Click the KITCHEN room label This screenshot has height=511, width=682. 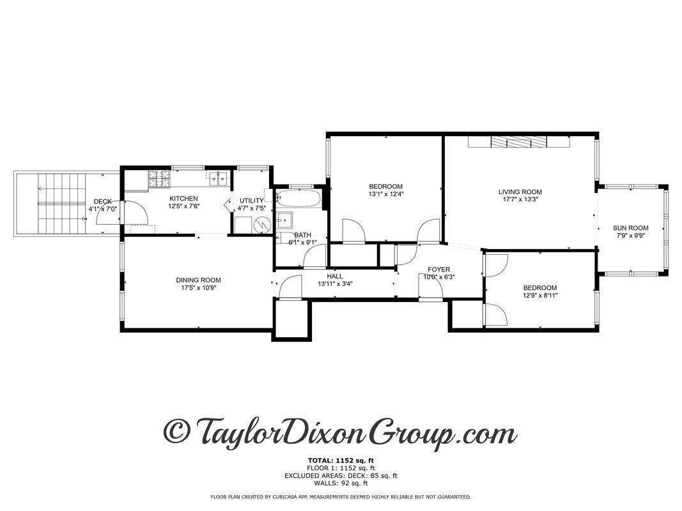point(183,198)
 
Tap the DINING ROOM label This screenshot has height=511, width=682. point(198,280)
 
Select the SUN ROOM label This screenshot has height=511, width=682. point(630,228)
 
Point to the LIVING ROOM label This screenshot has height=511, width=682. point(520,192)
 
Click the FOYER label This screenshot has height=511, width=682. point(439,269)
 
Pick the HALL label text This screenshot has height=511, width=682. point(334,276)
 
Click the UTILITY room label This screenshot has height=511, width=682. point(251,201)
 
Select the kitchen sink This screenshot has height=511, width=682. point(217,178)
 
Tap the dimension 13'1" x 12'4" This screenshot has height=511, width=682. point(386,194)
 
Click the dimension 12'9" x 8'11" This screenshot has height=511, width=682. point(539,295)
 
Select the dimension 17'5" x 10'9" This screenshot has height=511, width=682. point(198,287)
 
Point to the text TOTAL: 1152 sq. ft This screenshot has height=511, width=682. point(341,460)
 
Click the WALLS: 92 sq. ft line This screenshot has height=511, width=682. point(341,482)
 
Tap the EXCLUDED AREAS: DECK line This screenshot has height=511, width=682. point(341,475)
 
